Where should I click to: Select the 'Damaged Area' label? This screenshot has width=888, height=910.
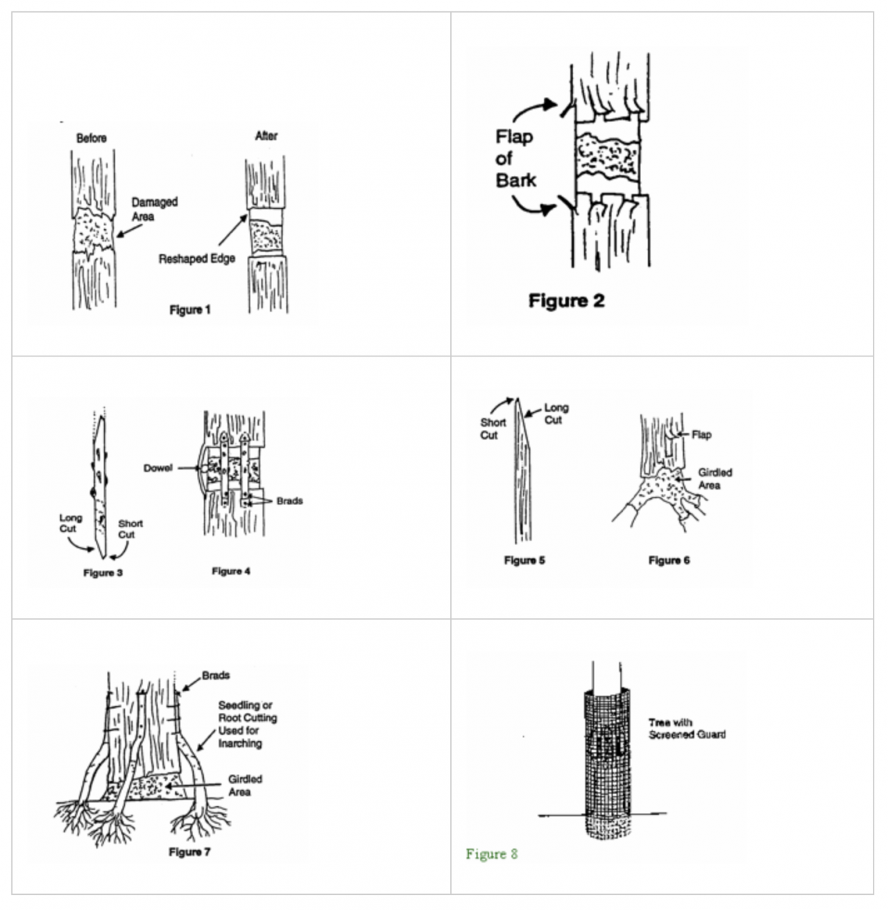tap(155, 209)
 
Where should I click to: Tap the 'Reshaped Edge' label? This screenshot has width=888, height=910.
tap(196, 259)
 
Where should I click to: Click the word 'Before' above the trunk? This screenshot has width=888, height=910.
tap(92, 138)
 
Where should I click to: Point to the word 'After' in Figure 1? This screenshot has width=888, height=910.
tap(266, 136)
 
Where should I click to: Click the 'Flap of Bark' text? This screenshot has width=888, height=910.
tap(516, 158)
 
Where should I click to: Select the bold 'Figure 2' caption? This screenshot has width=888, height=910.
tap(567, 301)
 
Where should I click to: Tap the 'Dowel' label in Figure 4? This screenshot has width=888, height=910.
tap(158, 468)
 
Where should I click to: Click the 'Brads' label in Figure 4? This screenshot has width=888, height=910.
tap(289, 500)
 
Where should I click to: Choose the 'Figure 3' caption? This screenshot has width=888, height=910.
tap(103, 573)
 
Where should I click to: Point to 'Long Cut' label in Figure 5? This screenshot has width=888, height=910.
tap(555, 414)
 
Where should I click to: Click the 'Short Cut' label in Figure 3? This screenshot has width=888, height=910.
tap(130, 529)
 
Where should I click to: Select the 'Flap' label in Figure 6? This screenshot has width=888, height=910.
tap(701, 435)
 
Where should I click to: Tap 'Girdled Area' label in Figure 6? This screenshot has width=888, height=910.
tap(714, 479)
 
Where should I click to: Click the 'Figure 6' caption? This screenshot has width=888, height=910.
tap(669, 560)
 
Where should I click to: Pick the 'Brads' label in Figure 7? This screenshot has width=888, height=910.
tap(216, 675)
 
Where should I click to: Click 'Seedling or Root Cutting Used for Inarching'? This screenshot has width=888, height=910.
tap(247, 724)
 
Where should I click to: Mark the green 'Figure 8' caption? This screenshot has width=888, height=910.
tap(492, 855)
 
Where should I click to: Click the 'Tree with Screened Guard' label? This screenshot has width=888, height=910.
tap(686, 728)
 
